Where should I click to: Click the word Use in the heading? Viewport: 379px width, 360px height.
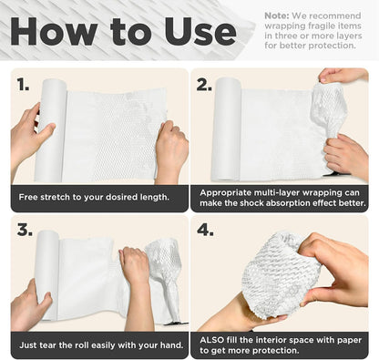click(x=200, y=31)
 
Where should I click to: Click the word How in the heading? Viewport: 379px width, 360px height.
click(x=54, y=31)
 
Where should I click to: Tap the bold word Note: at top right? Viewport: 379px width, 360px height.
click(x=277, y=15)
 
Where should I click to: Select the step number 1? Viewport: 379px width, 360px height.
click(x=23, y=84)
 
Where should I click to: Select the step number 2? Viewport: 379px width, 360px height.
click(x=204, y=84)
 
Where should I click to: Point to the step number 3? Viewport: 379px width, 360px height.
click(x=25, y=230)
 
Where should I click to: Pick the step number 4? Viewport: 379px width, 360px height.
click(x=205, y=230)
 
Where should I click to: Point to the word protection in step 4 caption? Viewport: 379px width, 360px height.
click(x=276, y=351)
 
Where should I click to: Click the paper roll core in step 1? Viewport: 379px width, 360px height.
click(x=50, y=130)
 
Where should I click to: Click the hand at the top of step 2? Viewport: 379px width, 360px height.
click(x=343, y=76)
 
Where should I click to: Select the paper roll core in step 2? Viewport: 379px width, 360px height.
click(x=226, y=129)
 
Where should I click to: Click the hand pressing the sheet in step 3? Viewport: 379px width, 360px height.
click(x=136, y=280)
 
